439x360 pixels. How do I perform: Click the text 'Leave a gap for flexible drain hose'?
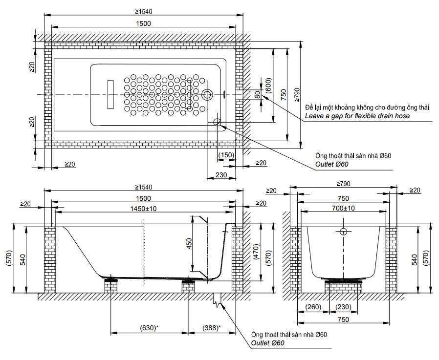pos(357,117)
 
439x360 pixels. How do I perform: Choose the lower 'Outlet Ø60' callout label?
pos(268,343)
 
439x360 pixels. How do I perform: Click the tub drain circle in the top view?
pos(207,94)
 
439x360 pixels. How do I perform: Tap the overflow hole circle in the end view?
pos(343,231)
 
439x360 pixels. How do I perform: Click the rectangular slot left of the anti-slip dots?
pos(110,94)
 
